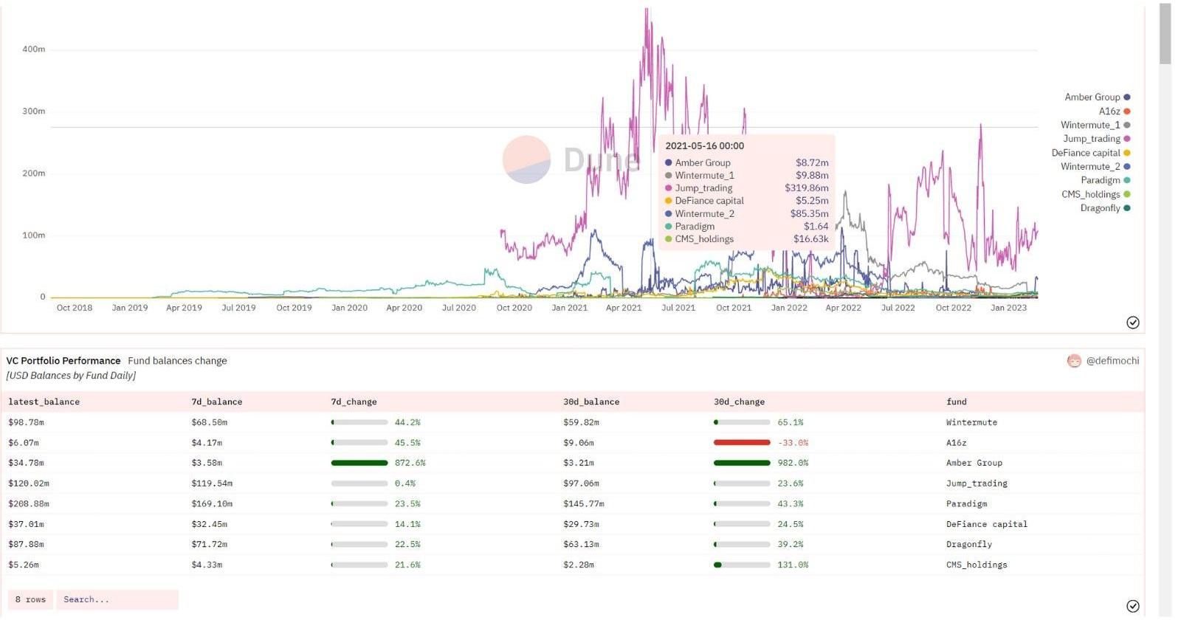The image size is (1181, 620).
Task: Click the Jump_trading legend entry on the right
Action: (1091, 139)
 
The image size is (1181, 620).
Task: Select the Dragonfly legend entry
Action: (1100, 208)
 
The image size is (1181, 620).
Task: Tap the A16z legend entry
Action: (1109, 111)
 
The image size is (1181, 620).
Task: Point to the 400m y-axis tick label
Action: (33, 49)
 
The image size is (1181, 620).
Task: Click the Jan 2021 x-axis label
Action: (569, 308)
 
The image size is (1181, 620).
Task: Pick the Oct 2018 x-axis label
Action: (75, 308)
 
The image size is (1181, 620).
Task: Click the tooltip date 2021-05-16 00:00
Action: (704, 146)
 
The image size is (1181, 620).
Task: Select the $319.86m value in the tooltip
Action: (806, 188)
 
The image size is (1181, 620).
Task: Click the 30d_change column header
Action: (739, 402)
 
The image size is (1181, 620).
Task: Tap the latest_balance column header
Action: (44, 402)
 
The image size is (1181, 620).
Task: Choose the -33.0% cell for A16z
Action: (793, 443)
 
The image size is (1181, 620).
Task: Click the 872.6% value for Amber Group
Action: (410, 463)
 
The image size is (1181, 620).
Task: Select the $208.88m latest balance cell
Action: (28, 504)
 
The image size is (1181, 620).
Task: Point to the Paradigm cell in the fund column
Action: (966, 504)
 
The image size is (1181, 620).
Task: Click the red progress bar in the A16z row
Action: (741, 443)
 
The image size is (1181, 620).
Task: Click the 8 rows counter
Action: (30, 599)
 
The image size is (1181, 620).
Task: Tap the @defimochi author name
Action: (1112, 361)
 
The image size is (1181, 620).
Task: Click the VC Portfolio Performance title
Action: (63, 361)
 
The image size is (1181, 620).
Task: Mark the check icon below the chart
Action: (1132, 323)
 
